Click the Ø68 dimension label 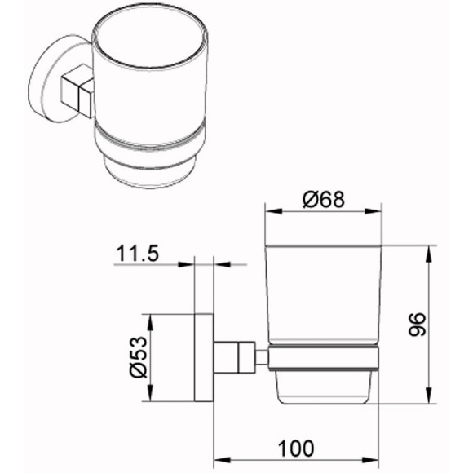pos(324,200)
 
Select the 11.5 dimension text pos(137,253)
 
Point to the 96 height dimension pos(417,325)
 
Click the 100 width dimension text pos(296,449)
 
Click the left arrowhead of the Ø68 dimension pos(273,211)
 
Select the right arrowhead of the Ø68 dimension pos(374,211)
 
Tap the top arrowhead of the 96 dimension pos(428,254)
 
